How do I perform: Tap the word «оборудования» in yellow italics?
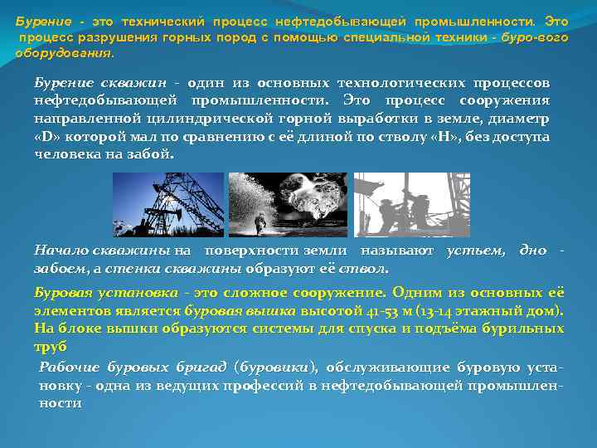click(61, 53)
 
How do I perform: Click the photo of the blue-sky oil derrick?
click(175, 204)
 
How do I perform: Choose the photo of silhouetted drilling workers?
click(411, 204)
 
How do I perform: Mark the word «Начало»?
click(61, 250)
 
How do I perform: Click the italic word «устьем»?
click(475, 250)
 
